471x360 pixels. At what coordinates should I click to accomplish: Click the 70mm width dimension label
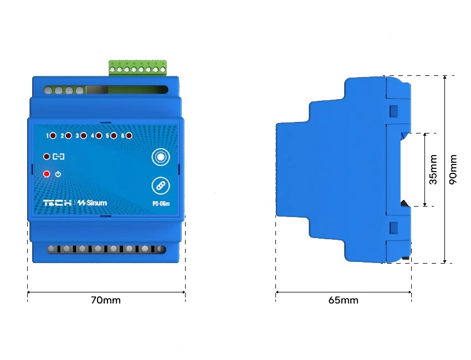tap(105, 300)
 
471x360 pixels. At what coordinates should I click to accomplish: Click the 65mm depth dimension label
tap(343, 300)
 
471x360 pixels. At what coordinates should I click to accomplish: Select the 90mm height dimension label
tap(453, 169)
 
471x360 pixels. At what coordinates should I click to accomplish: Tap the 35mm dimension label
tap(433, 169)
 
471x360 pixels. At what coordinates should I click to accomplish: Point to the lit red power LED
tap(47, 174)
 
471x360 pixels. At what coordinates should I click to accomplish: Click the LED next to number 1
tap(53, 135)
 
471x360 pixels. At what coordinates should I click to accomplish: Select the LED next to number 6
tap(129, 135)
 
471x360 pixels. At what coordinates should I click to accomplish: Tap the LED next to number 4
tap(99, 135)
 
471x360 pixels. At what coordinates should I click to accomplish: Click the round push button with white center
tap(160, 157)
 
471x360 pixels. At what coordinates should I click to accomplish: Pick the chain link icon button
tap(160, 186)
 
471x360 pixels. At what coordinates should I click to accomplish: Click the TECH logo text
tap(58, 203)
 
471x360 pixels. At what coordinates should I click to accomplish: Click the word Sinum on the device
tap(95, 203)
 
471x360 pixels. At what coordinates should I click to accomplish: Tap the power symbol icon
tap(58, 174)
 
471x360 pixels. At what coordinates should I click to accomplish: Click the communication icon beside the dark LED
tap(58, 157)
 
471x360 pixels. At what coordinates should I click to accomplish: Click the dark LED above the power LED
tap(47, 157)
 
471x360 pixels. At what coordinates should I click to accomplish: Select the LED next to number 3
tap(84, 135)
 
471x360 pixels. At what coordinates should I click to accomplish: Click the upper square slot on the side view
tap(394, 111)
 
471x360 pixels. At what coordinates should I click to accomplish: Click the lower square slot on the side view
tap(394, 227)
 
